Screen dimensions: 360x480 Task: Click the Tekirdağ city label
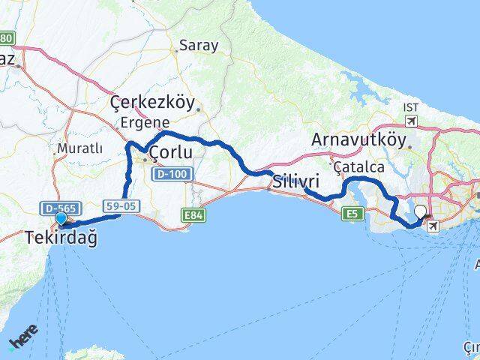[x=61, y=238]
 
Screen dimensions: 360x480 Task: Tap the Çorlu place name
[x=172, y=154]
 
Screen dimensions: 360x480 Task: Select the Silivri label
[x=296, y=181]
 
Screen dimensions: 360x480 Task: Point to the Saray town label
[x=198, y=45]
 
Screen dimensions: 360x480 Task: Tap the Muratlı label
[x=79, y=147]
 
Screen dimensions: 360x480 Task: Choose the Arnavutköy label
[x=358, y=140]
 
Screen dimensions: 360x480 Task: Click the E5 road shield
[x=351, y=214]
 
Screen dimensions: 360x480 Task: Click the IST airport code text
[x=411, y=109]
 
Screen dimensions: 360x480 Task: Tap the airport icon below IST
[x=411, y=121]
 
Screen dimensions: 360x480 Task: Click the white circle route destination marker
[x=420, y=212]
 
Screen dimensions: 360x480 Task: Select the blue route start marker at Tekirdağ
[x=61, y=220]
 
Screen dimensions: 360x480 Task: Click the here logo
[x=22, y=342]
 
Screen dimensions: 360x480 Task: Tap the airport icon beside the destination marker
[x=433, y=223]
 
